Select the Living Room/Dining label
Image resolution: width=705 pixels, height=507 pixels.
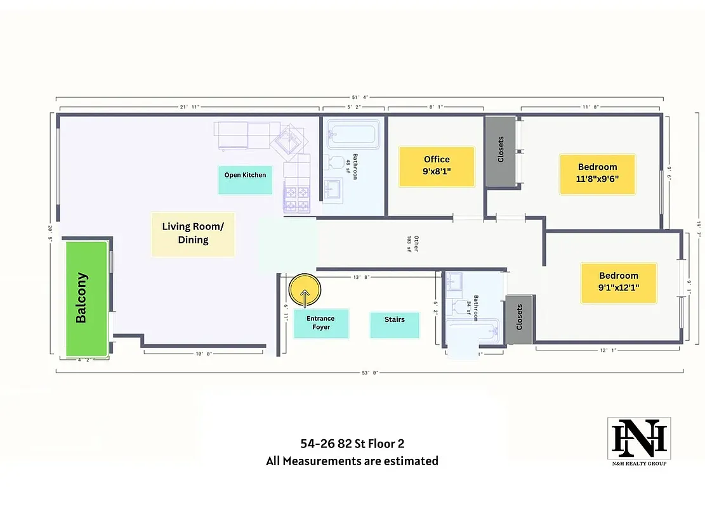point(193,234)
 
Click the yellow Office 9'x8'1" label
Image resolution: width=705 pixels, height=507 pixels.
point(437,167)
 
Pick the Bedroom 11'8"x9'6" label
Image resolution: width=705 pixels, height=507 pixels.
point(597,174)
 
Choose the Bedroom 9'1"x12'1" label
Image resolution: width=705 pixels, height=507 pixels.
point(619,283)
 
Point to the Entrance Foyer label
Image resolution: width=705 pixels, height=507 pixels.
point(320,323)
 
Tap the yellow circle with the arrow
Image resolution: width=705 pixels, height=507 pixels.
point(305,291)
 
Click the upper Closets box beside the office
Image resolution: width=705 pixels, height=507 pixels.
point(500,151)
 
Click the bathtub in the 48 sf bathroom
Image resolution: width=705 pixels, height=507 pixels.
point(353,134)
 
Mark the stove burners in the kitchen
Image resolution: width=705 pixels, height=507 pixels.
point(297,197)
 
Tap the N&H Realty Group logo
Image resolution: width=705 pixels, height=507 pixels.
point(638,442)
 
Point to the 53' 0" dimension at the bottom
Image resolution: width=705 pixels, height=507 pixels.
point(370,373)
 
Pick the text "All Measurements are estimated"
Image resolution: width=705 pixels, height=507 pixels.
point(352,461)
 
